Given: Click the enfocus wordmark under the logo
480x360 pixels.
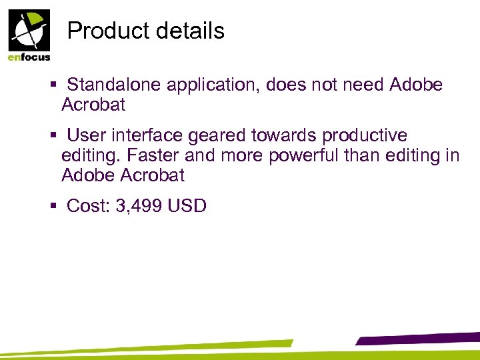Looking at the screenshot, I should tap(29, 58).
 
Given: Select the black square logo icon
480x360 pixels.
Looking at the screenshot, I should tap(29, 30).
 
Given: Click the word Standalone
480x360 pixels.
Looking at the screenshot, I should tap(114, 85).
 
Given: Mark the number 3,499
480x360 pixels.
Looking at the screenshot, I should tap(139, 207).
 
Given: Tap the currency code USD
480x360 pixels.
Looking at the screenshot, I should tap(187, 206).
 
